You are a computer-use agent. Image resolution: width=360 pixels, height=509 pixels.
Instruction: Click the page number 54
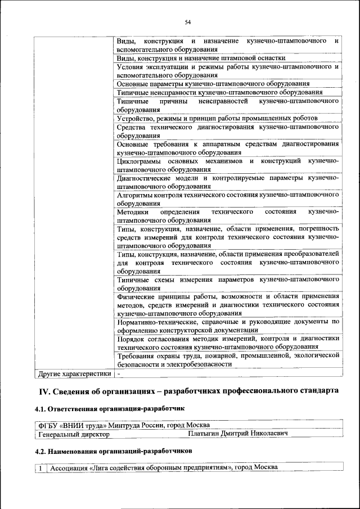click(x=187, y=22)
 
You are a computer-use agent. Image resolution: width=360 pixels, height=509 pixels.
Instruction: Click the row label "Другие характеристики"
click(x=74, y=373)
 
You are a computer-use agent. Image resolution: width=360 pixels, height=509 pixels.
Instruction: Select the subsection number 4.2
click(x=40, y=451)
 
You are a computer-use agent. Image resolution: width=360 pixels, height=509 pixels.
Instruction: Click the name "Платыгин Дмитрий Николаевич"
click(x=238, y=434)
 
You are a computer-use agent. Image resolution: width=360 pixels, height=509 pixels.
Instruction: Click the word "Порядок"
click(x=131, y=339)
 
